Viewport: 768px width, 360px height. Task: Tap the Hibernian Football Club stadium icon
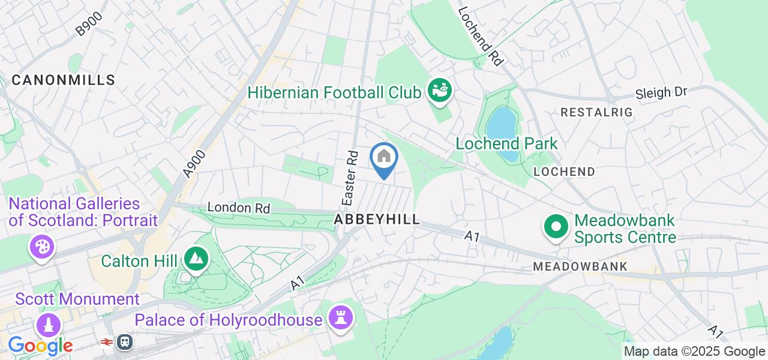click(x=440, y=92)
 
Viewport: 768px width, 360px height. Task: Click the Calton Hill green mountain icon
click(x=196, y=259)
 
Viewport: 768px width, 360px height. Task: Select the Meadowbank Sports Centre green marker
click(x=556, y=227)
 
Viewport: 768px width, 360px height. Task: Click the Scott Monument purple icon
click(x=49, y=325)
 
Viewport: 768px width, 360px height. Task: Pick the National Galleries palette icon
click(x=41, y=247)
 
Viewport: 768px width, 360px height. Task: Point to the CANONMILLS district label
click(x=63, y=80)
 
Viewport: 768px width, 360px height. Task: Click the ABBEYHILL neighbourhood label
click(x=377, y=220)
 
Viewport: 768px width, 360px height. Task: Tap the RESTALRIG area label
click(x=588, y=112)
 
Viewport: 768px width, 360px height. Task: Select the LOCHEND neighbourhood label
click(x=564, y=172)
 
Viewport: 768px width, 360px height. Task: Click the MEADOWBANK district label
click(x=580, y=266)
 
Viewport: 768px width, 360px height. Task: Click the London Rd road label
click(x=238, y=208)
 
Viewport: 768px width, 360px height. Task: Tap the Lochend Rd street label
click(x=480, y=36)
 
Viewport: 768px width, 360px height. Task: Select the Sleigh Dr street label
click(x=661, y=94)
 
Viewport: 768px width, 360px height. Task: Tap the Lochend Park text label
click(x=506, y=143)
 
